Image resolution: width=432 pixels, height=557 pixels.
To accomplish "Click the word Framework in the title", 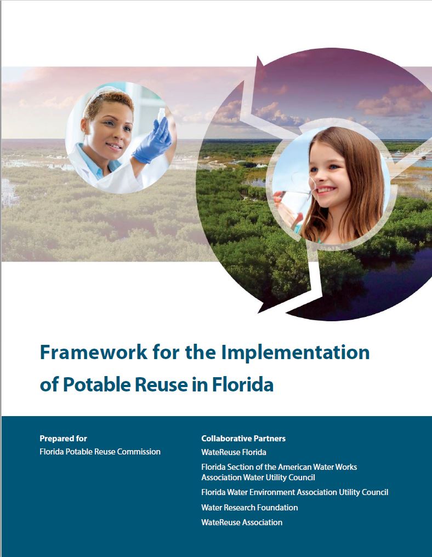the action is pos(93,352).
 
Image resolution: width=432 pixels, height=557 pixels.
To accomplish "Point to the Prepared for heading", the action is pos(63,439).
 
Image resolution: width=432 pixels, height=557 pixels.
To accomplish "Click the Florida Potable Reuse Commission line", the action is pos(100,452).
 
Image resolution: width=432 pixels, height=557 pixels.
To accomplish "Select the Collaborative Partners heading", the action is pos(243,439).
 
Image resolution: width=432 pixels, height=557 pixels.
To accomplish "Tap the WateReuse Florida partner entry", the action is pos(234,452).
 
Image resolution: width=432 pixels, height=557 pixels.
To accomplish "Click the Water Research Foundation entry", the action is pos(249,508).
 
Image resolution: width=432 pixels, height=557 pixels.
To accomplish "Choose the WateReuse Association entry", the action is pos(242,522).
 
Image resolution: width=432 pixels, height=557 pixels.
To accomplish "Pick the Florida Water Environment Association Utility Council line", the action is pos(295,492).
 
